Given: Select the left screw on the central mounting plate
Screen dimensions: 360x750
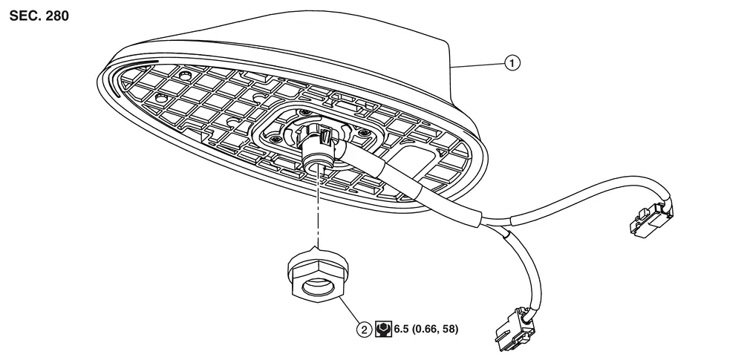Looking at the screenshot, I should (x=275, y=137).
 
